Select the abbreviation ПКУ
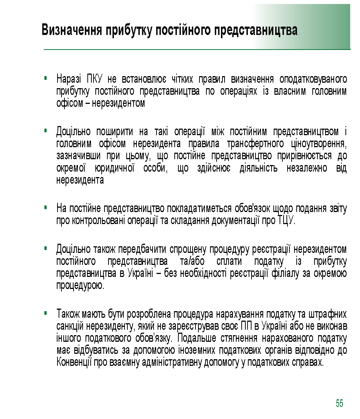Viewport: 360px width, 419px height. [x=96, y=79]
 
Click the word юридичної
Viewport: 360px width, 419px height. [x=115, y=168]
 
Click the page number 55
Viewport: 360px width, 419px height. [x=339, y=403]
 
